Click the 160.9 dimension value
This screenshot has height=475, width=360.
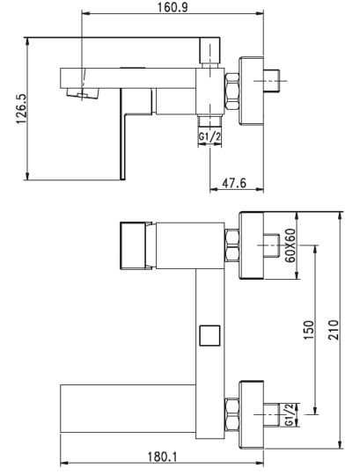point(173,7)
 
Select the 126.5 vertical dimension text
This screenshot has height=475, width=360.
point(22,109)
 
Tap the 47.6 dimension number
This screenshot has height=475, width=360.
point(234,183)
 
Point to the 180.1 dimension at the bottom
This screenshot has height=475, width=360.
point(162,457)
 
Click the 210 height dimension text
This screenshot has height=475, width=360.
point(334,330)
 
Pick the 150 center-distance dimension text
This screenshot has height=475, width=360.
point(308,330)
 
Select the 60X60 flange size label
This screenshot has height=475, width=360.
point(290,245)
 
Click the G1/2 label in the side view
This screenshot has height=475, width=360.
point(209,136)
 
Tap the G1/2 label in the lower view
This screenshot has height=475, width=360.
point(290,414)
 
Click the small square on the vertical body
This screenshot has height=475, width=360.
point(209,335)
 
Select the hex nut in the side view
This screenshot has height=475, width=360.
point(231,91)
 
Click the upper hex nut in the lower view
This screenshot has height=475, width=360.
point(232,245)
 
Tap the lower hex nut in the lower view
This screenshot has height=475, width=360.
point(232,414)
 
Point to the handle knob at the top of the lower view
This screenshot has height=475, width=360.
point(132,245)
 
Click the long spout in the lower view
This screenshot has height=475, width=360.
point(128,409)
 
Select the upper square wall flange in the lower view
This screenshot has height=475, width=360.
point(252,245)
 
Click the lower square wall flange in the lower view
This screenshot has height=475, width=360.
point(252,414)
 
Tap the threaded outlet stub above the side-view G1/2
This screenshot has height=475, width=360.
point(209,121)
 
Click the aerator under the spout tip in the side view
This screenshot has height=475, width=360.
point(83,93)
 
